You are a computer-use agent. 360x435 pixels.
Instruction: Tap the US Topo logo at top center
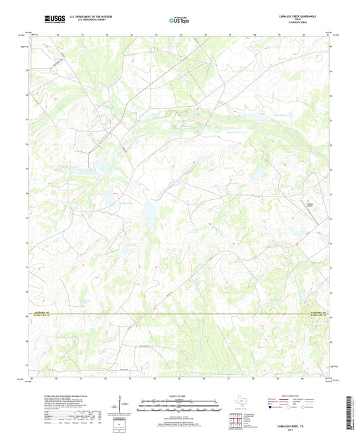180,20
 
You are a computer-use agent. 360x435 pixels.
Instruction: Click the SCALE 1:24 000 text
180,396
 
